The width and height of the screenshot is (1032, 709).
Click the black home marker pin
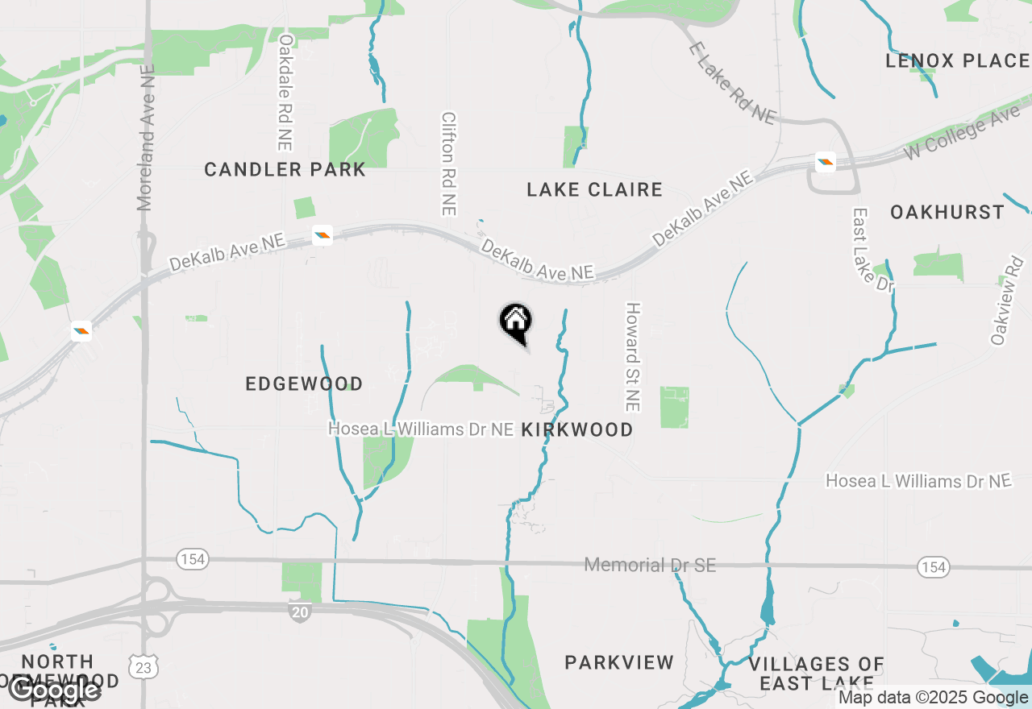pyautogui.click(x=516, y=322)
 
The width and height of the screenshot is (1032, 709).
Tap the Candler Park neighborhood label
pyautogui.click(x=285, y=170)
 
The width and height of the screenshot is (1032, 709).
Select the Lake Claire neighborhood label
pyautogui.click(x=594, y=190)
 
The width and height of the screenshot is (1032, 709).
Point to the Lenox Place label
pyautogui.click(x=957, y=61)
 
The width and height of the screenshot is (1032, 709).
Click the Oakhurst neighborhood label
pyautogui.click(x=947, y=213)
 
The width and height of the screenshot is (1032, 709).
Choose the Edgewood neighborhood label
pyautogui.click(x=304, y=384)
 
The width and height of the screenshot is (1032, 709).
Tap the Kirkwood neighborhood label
pyautogui.click(x=577, y=430)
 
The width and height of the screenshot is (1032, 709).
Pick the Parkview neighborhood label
pyautogui.click(x=619, y=663)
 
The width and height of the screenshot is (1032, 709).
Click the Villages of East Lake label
pyautogui.click(x=817, y=674)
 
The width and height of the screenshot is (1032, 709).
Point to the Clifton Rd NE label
pyautogui.click(x=448, y=164)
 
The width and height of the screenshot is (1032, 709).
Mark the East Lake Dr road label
pyautogui.click(x=863, y=250)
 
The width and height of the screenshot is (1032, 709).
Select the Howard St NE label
pyautogui.click(x=633, y=357)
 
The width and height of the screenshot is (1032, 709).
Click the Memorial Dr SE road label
pyautogui.click(x=650, y=566)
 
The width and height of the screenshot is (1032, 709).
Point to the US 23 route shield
pyautogui.click(x=144, y=667)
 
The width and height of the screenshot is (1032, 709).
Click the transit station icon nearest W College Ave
pyautogui.click(x=825, y=162)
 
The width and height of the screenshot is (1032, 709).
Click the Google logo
pyautogui.click(x=55, y=690)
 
